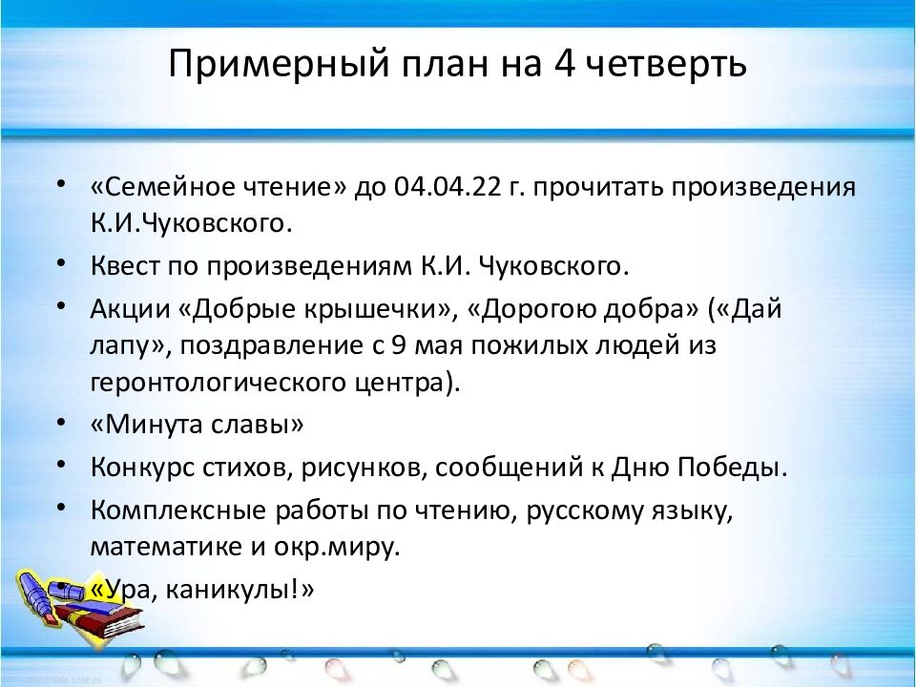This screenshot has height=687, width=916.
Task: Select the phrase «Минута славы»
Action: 198,425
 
